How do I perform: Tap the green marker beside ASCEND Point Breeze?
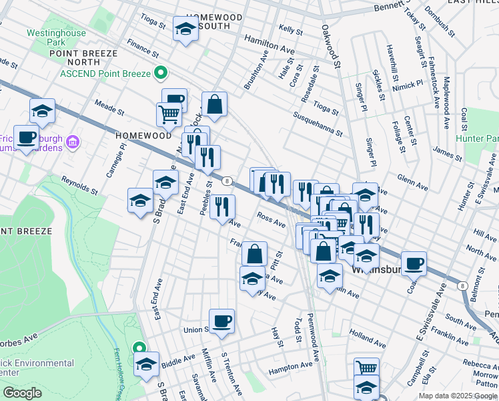(x=160, y=72)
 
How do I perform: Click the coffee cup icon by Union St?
(x=221, y=320)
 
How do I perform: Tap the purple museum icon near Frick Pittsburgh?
(x=73, y=142)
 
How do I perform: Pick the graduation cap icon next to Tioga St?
(x=185, y=29)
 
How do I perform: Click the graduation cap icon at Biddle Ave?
(x=146, y=364)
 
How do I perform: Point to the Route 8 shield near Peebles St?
(x=227, y=181)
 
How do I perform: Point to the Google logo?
(x=22, y=393)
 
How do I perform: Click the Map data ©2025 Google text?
(x=457, y=396)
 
